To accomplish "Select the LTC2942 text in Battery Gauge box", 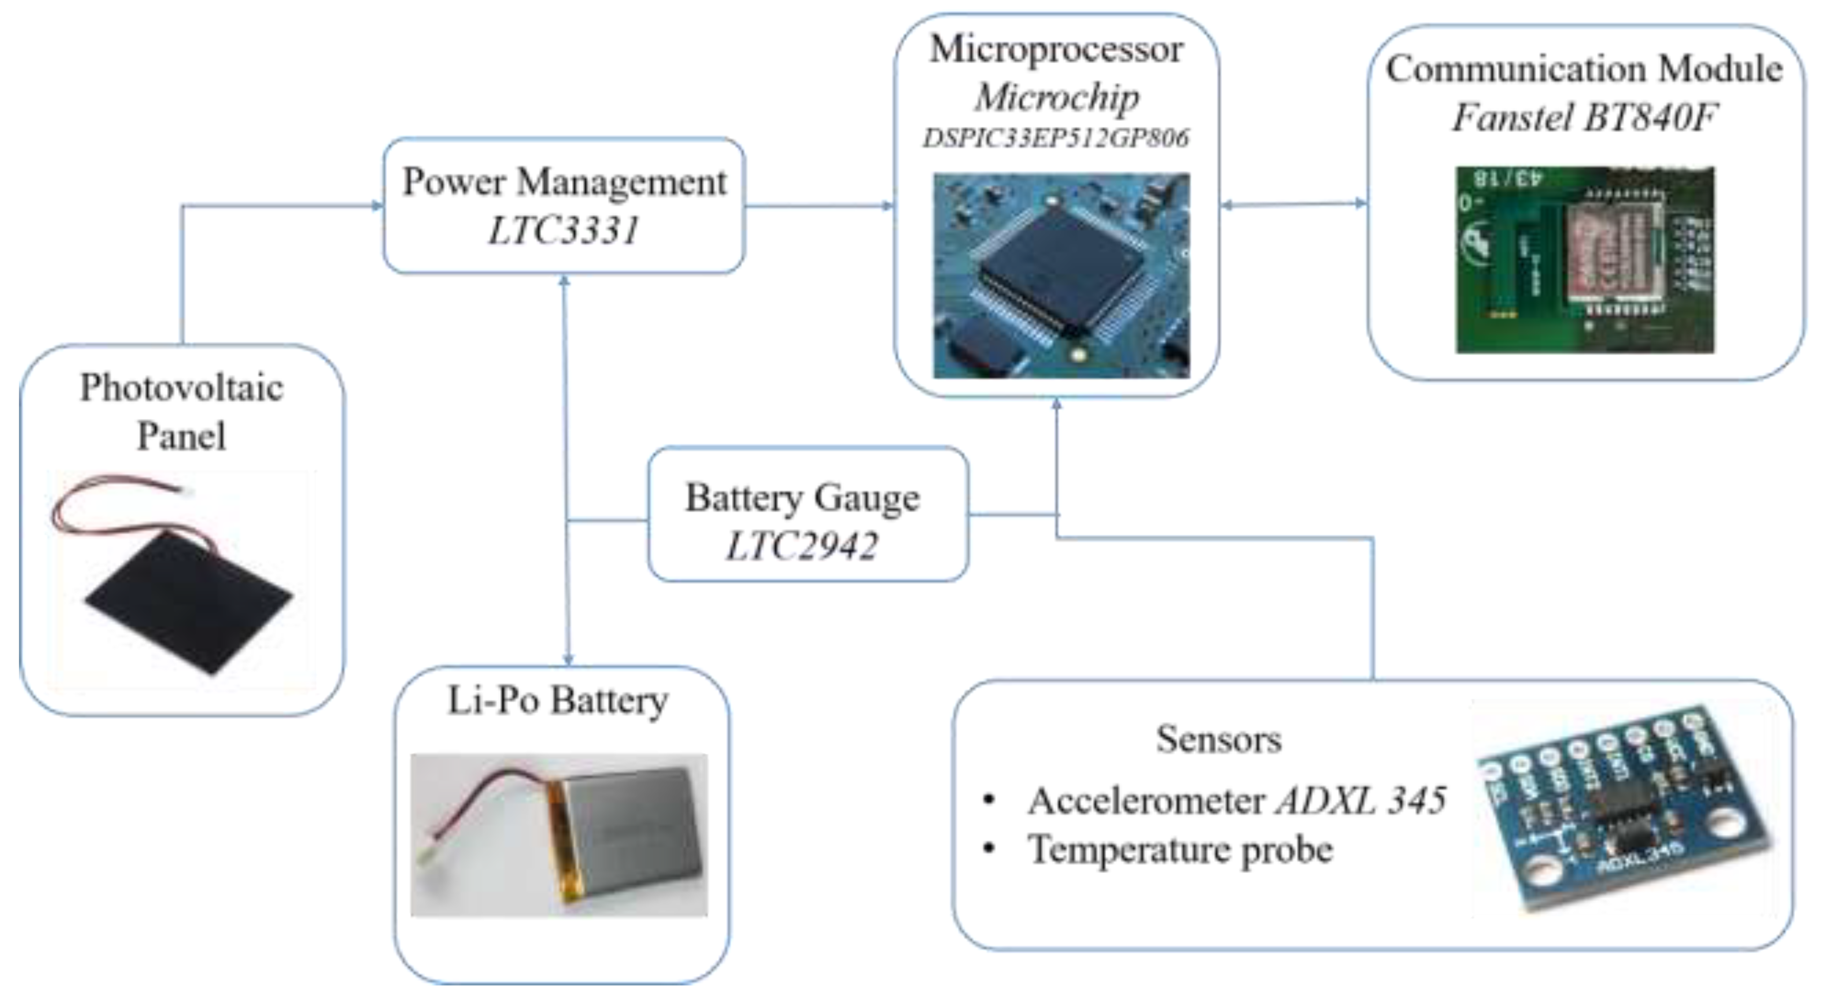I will click(x=802, y=546).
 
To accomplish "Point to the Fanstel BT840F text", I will click(x=1584, y=117).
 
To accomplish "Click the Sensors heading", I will click(x=1219, y=739).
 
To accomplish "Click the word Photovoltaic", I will click(x=182, y=388).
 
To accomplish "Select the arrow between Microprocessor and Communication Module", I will click(x=1293, y=204).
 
